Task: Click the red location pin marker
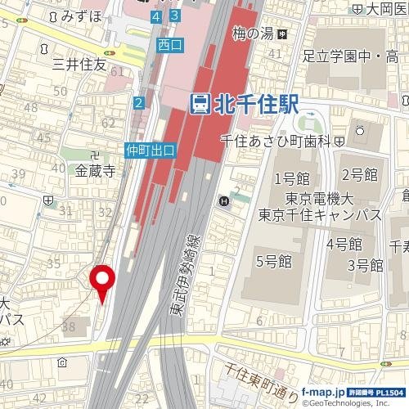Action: [102, 281]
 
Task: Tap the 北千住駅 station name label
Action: [254, 104]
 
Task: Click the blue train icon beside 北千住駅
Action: [200, 104]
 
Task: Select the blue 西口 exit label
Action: [169, 46]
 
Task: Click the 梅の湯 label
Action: [251, 34]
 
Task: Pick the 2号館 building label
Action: [359, 173]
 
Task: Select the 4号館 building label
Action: [344, 244]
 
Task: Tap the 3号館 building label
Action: [366, 265]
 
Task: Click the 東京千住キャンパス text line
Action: [320, 215]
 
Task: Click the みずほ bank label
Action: [81, 16]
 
